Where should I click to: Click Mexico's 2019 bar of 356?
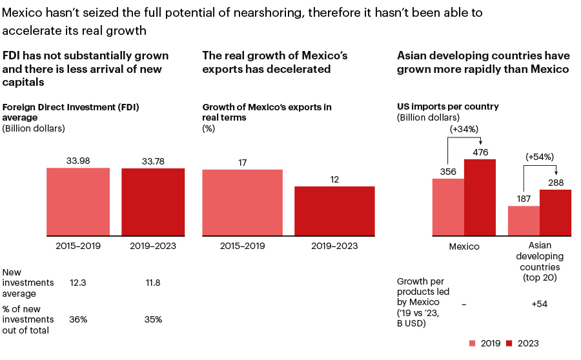[x=448, y=206]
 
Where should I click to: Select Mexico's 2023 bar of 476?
[x=480, y=197]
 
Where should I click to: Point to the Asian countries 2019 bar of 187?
[x=524, y=220]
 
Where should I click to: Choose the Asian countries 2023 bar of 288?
[x=555, y=212]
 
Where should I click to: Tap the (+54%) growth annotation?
[x=540, y=157]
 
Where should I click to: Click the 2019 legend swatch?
[x=472, y=343]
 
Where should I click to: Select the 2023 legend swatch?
[x=509, y=343]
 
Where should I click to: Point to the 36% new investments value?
[x=78, y=319]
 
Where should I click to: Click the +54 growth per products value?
[x=539, y=304]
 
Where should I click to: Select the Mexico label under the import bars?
[x=464, y=246]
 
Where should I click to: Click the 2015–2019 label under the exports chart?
[x=242, y=246]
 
